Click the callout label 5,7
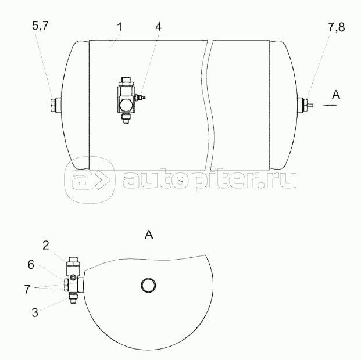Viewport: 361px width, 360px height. [40, 26]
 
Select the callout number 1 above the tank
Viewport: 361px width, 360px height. [119, 27]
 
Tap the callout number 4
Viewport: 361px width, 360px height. [158, 27]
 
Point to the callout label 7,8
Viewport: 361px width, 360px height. [337, 27]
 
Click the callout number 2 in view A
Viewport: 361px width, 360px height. [46, 245]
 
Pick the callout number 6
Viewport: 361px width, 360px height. [31, 265]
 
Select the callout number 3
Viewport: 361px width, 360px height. [35, 312]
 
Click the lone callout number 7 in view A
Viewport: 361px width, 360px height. [27, 289]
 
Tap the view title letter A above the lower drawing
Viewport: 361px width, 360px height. [149, 235]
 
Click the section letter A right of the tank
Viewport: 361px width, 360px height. [336, 95]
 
